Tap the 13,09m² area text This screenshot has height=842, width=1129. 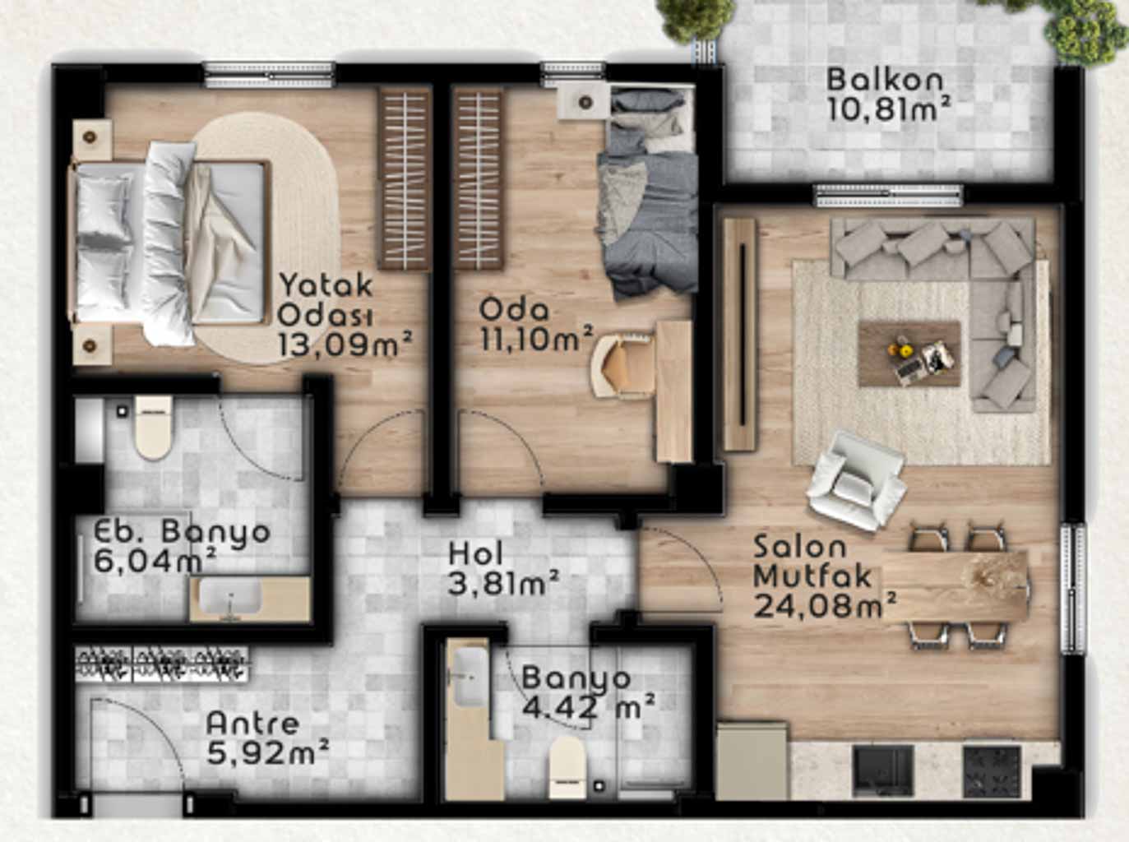[345, 344]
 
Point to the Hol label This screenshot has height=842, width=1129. [476, 554]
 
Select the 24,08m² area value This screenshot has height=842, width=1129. [825, 607]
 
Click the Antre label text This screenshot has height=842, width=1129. [252, 724]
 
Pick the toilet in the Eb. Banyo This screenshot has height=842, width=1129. [153, 427]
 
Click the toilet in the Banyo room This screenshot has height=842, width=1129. [567, 766]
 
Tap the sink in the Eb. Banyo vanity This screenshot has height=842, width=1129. [230, 599]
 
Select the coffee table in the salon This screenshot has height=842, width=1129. [909, 354]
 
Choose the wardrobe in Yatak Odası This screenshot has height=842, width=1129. [405, 178]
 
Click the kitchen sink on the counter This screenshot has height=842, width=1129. [883, 770]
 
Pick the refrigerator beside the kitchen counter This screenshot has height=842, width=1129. [752, 761]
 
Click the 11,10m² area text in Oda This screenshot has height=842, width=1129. [537, 339]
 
